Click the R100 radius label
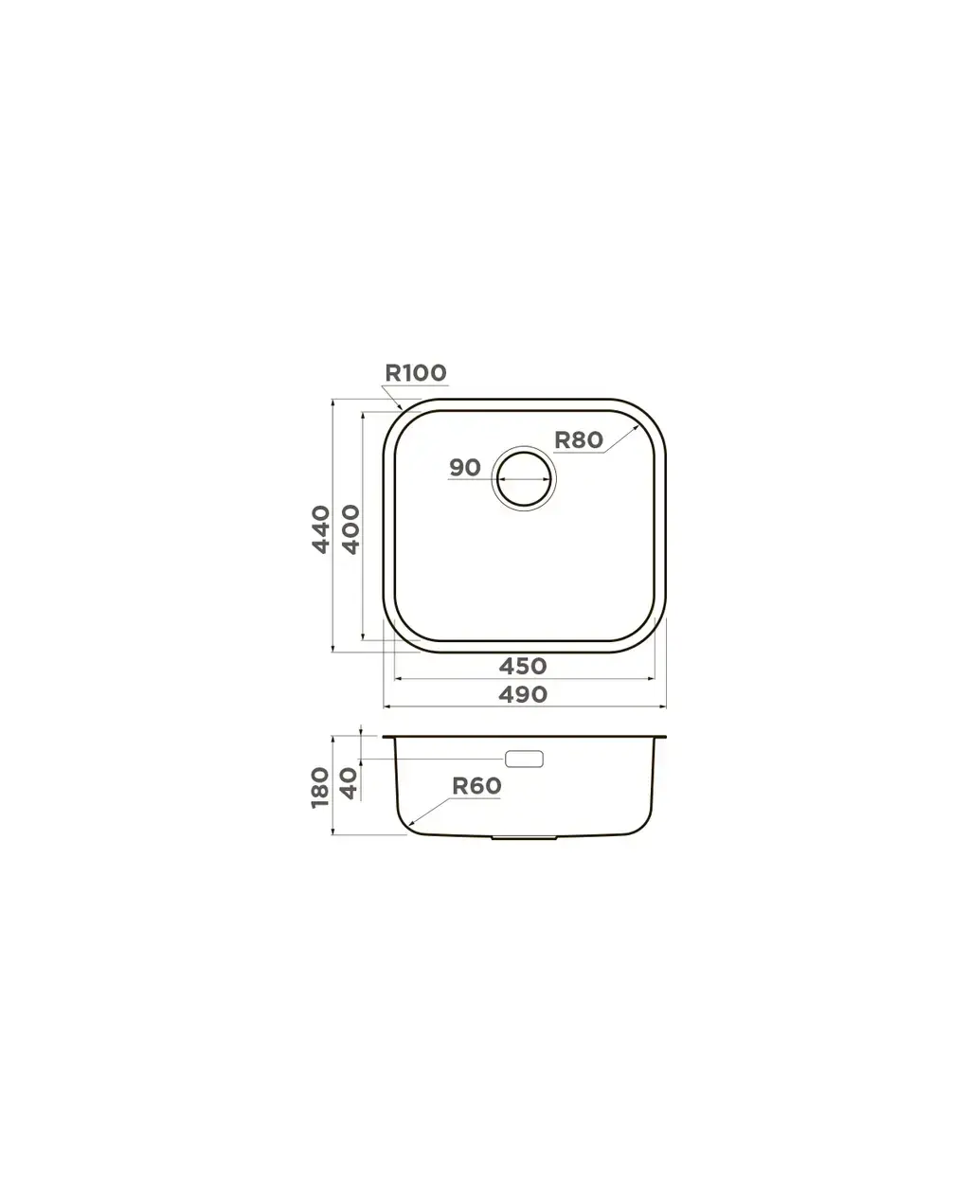(415, 373)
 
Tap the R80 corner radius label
(579, 439)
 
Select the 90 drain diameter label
(465, 468)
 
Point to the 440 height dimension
(321, 529)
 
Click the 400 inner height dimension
(350, 529)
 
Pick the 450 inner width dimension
(523, 667)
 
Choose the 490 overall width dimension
(523, 694)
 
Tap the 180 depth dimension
(320, 787)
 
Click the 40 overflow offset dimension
(350, 783)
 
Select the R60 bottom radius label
(476, 786)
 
